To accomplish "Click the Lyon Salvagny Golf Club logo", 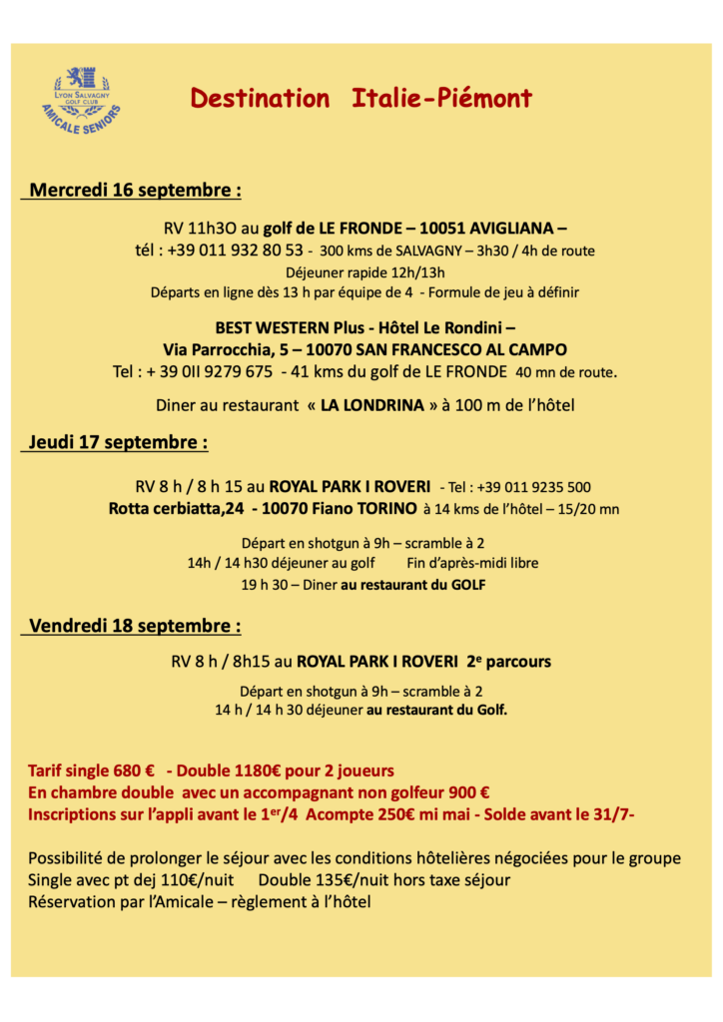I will pos(81,101).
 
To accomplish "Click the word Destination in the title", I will pos(260,98).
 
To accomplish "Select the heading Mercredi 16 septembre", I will pos(135,190).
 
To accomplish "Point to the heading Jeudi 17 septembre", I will pos(118,441).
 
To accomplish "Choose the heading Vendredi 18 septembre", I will pos(135,626).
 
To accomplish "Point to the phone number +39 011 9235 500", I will pos(534,488).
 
